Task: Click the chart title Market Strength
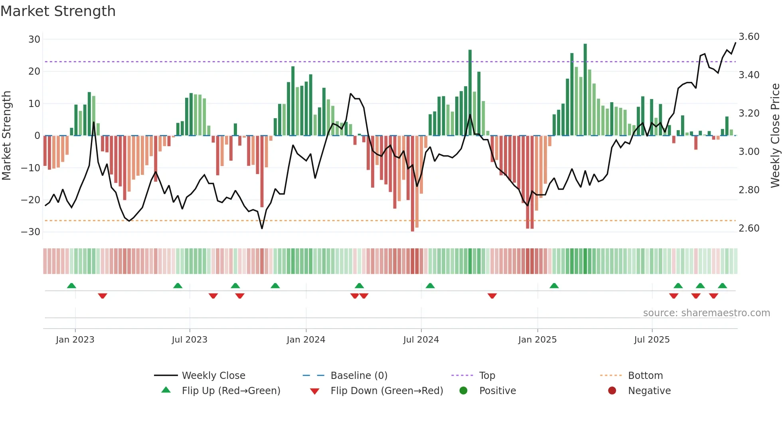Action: click(x=58, y=11)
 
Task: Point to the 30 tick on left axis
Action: click(x=34, y=40)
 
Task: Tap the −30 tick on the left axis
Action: click(x=31, y=232)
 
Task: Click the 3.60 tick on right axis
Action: click(x=749, y=37)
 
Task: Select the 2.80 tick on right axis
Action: click(x=749, y=190)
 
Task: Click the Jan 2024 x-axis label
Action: click(x=306, y=340)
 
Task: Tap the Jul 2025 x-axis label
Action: click(x=652, y=340)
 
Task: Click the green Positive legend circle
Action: click(x=463, y=390)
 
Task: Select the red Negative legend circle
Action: click(x=612, y=390)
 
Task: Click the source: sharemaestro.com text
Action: click(x=706, y=313)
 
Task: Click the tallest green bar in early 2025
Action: click(x=585, y=90)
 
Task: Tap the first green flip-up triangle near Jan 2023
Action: click(x=71, y=285)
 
